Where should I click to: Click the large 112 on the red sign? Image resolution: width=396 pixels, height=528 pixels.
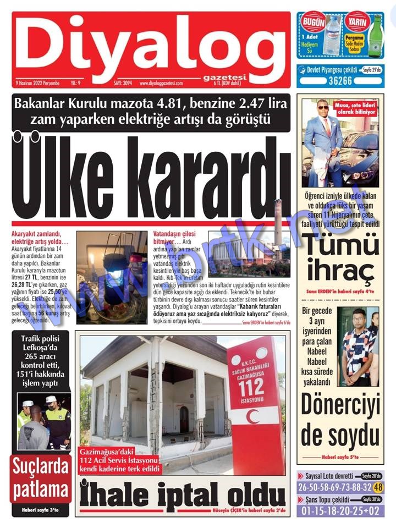click(x=251, y=388)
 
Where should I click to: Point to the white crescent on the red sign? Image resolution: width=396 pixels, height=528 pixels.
click(x=252, y=416)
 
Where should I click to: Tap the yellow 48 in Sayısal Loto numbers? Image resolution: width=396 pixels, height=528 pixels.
click(x=378, y=487)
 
